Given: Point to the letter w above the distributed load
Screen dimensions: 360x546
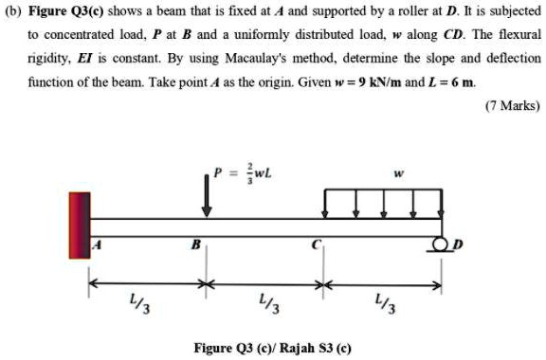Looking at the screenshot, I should click(x=398, y=174).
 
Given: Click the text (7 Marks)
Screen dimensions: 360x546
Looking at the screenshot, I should click(x=512, y=103).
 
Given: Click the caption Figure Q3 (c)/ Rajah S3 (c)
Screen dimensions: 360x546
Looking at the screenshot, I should click(x=272, y=347).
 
